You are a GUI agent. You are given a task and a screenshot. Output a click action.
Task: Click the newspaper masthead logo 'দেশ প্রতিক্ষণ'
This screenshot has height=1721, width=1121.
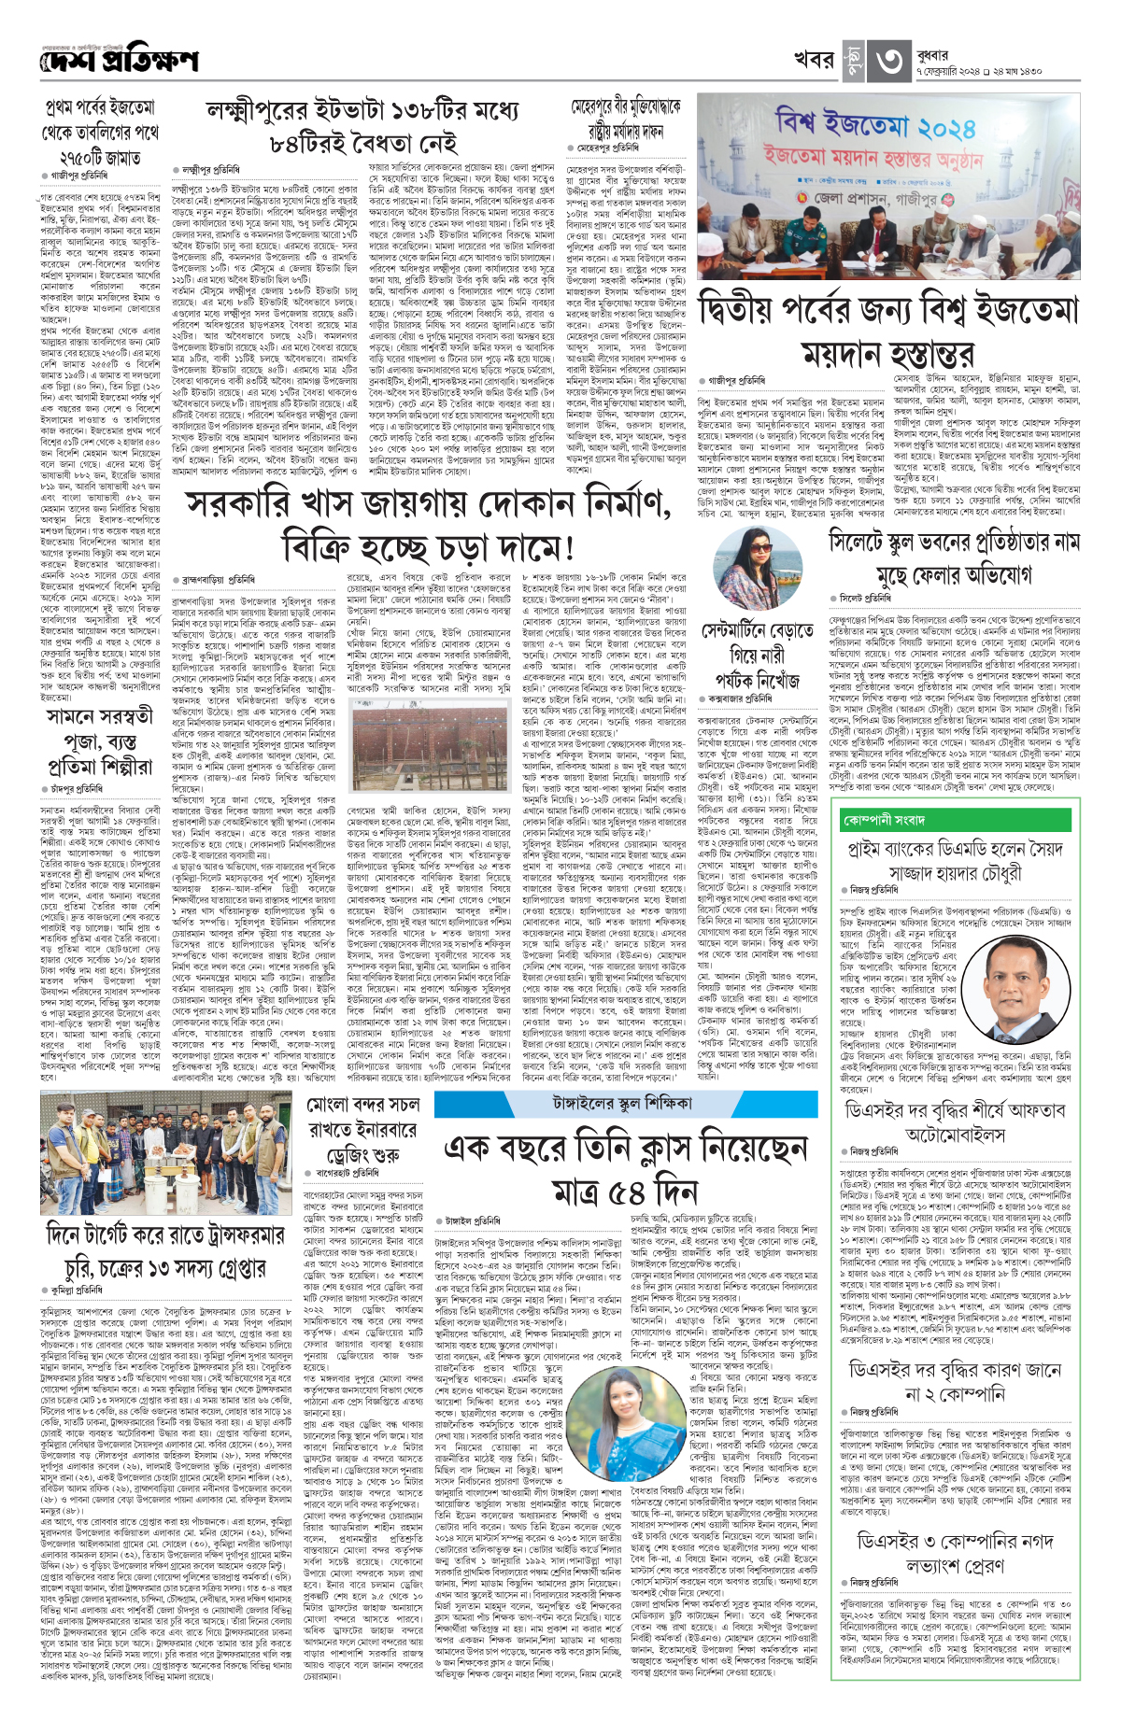coord(120,61)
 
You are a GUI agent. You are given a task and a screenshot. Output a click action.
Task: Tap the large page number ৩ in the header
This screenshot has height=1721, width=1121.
coord(887,61)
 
